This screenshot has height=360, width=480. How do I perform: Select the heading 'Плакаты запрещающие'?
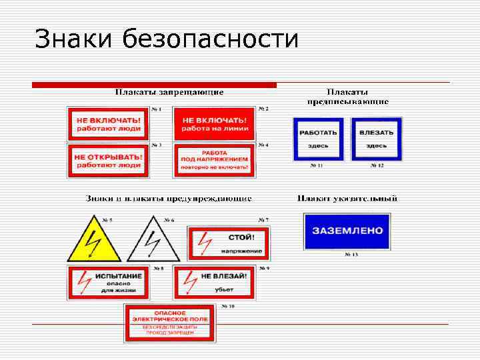pos(169,92)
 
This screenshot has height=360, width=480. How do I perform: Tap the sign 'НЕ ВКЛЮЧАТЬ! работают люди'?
pos(109,123)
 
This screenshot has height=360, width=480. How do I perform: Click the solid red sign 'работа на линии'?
pos(215,123)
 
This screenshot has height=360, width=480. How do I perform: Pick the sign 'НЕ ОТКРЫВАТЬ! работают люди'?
pos(108,161)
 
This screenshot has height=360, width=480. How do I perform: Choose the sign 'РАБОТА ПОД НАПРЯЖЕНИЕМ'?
pos(215,161)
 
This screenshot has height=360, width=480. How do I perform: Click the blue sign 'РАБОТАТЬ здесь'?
pos(318,139)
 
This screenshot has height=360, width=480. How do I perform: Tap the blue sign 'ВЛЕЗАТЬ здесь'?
pos(377,139)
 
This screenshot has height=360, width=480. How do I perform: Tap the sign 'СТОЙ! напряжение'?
pos(229,243)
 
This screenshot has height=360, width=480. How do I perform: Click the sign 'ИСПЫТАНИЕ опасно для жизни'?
pos(109,282)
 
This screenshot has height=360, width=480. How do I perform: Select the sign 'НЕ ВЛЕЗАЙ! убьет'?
pos(215,282)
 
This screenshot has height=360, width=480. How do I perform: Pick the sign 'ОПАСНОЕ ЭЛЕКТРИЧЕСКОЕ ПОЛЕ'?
pos(169,323)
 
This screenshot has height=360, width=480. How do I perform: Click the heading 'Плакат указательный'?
pos(347,198)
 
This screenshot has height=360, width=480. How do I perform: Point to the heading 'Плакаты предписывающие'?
pos(348,97)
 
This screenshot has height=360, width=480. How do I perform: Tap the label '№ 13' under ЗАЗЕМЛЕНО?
pos(351,255)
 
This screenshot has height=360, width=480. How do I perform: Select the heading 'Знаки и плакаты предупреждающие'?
pos(169,198)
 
